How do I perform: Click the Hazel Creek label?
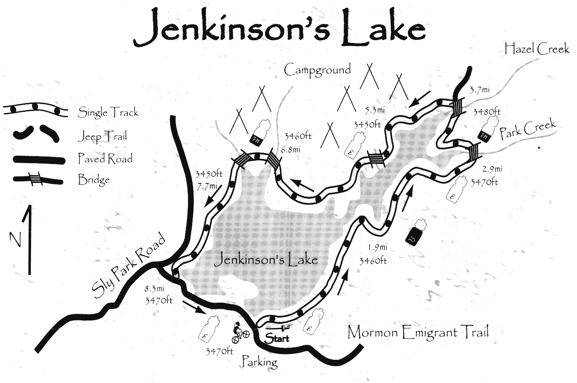click(536, 49)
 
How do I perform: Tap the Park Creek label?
click(527, 129)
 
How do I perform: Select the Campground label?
click(317, 70)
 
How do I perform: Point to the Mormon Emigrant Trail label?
click(418, 332)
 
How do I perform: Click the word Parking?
click(259, 361)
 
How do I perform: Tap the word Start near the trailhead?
click(277, 338)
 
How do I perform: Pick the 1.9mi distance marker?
click(377, 248)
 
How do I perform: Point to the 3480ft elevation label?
click(487, 111)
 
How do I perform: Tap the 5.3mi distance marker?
click(374, 110)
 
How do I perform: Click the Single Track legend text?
click(108, 112)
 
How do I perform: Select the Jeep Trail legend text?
click(102, 136)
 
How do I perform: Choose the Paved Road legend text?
click(105, 159)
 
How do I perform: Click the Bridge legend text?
click(94, 180)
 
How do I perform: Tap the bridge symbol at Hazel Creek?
click(458, 107)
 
